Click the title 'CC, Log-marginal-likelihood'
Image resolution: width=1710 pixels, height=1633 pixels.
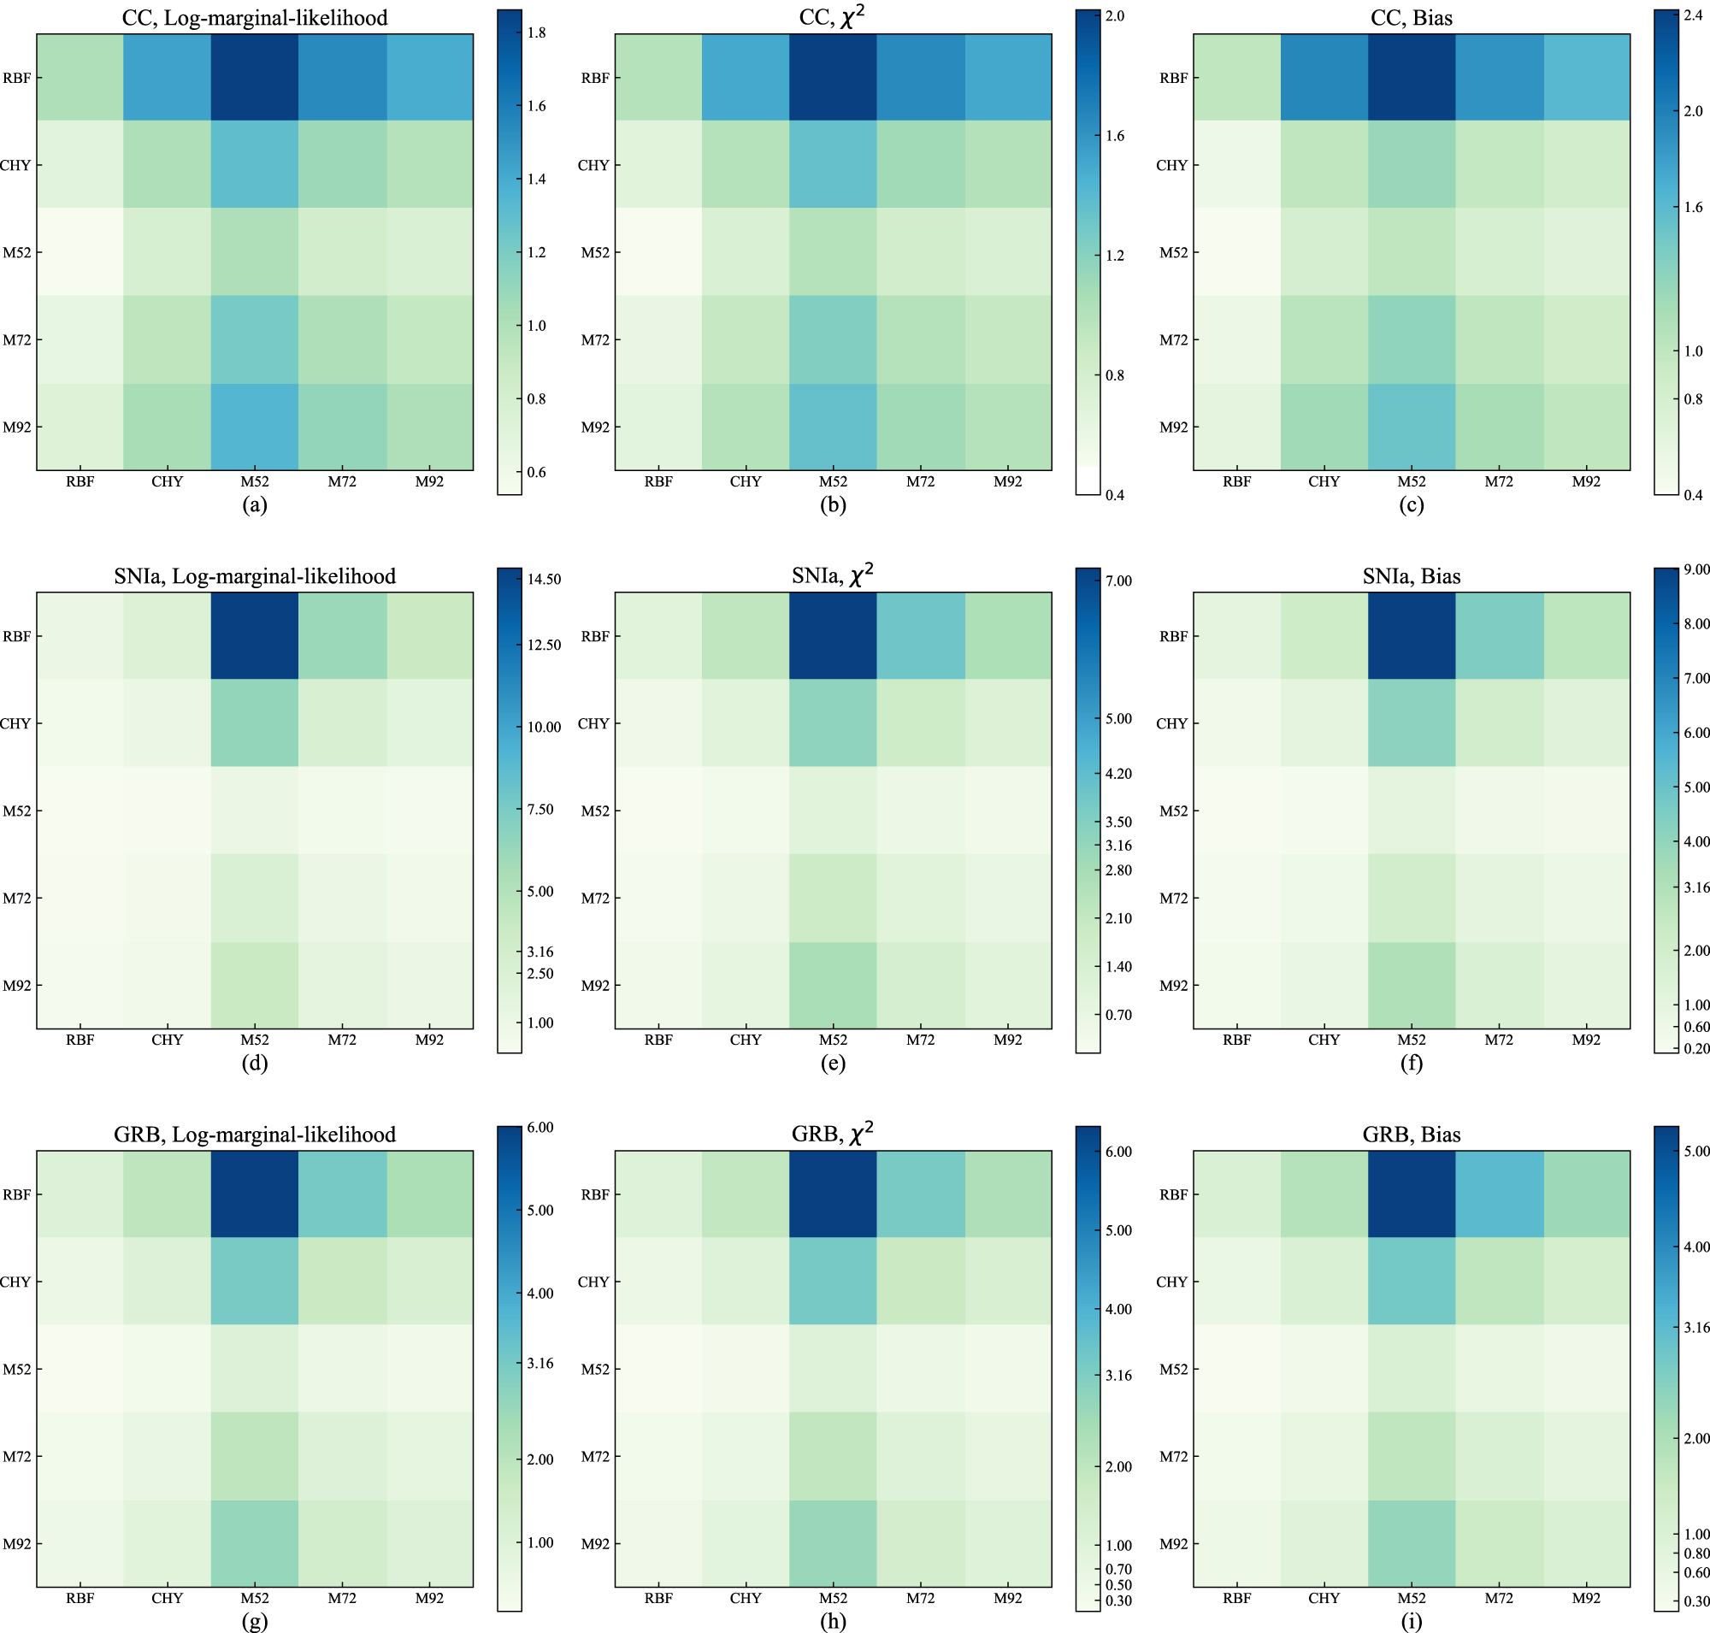254,17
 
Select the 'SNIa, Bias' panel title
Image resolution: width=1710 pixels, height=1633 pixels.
1411,576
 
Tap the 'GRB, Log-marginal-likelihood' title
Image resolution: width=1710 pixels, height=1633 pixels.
254,1135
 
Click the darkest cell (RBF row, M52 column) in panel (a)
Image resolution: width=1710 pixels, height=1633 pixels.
254,78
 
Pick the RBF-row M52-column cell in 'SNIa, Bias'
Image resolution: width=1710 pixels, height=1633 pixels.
1411,635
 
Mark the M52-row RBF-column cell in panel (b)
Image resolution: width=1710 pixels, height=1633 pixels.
658,252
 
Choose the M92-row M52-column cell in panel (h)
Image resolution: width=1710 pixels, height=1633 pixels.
834,1543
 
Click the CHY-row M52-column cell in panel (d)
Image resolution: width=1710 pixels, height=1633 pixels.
254,723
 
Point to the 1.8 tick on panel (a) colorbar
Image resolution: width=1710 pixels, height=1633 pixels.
536,33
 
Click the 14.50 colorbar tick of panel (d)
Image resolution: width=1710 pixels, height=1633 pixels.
544,580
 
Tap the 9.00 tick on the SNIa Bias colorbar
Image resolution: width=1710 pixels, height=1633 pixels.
1696,569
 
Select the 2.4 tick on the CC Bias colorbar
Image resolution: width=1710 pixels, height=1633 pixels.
1693,15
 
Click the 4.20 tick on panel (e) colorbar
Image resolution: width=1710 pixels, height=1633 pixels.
1118,774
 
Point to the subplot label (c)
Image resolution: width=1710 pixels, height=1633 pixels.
1411,505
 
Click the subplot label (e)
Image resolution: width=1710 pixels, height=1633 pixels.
834,1063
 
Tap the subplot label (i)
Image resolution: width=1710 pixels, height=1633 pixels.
1411,1621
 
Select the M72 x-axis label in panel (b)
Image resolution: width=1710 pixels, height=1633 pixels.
920,481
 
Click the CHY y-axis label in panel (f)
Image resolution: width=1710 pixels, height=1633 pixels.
1171,723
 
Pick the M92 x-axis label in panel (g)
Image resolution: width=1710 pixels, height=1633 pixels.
429,1598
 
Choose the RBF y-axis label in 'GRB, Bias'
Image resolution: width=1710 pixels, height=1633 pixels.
1173,1194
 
